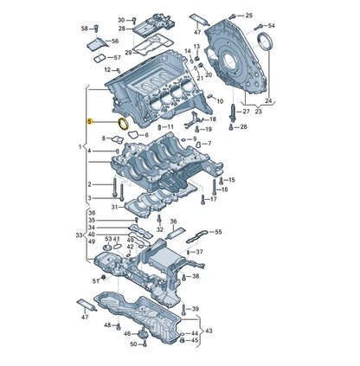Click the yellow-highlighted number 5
point(89,123)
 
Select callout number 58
point(86,29)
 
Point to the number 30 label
point(121,18)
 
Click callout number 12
point(108,70)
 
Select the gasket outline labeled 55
point(196,233)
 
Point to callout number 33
point(78,235)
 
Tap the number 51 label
point(96,281)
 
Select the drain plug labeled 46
point(126,334)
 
